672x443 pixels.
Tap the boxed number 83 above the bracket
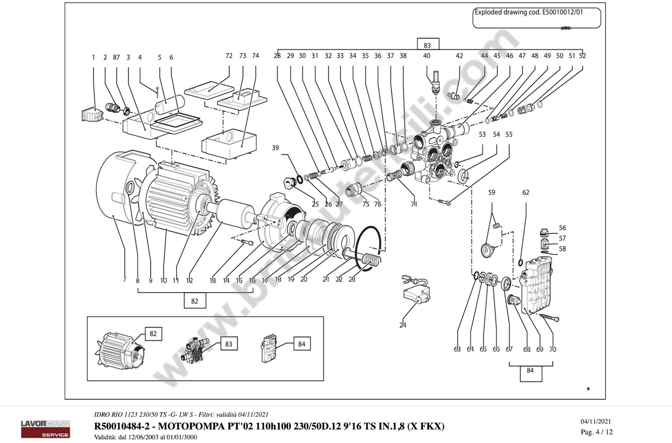point(428,45)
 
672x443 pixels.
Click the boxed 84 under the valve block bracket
point(530,370)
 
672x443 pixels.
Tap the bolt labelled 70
point(550,318)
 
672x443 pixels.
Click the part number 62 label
point(526,192)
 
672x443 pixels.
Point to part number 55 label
point(509,135)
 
